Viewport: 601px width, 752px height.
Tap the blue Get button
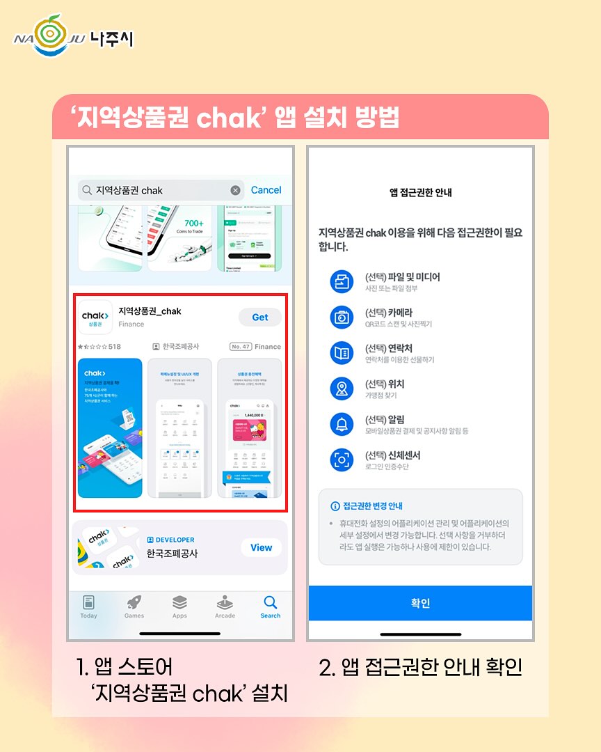(260, 317)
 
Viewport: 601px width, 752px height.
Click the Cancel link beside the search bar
(266, 190)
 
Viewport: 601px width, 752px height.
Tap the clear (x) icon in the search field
(235, 191)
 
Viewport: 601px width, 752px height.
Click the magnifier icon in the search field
(87, 191)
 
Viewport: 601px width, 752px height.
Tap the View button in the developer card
(261, 547)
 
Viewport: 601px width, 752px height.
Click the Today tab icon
(88, 603)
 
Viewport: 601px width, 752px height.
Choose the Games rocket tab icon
(134, 603)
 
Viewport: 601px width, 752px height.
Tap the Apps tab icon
(179, 603)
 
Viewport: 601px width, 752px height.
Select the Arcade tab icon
(225, 603)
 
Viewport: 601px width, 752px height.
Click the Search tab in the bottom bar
(271, 606)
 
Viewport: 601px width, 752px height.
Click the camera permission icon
(342, 317)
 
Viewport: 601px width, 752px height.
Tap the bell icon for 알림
(342, 423)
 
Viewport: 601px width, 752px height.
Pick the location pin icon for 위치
(342, 389)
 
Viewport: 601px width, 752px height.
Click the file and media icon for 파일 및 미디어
(342, 281)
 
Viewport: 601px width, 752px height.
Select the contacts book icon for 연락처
(342, 353)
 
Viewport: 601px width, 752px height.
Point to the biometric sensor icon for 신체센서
(342, 460)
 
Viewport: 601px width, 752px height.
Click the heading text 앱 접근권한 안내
(420, 192)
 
